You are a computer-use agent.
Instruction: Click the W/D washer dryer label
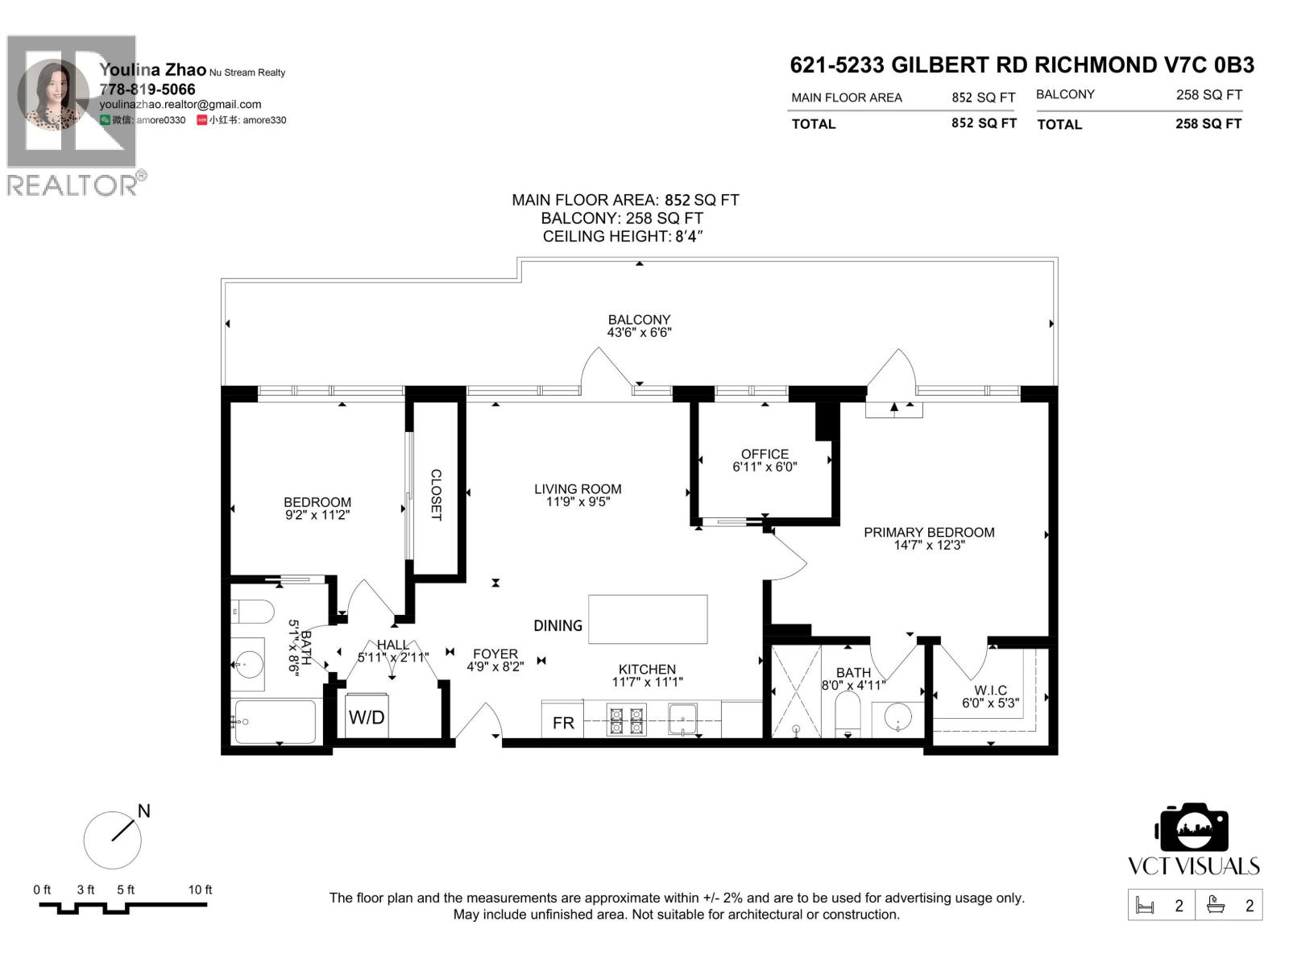point(367,717)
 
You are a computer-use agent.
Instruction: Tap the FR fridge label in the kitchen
point(563,723)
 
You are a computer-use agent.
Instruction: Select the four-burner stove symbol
point(626,720)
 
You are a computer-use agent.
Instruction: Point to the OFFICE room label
point(765,454)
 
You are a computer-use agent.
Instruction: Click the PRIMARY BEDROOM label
point(929,532)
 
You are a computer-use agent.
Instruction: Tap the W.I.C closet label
point(990,690)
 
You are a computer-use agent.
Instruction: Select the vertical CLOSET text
point(436,495)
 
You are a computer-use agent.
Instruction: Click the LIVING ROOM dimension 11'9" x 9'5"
point(578,502)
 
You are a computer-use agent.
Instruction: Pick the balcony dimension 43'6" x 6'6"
point(639,332)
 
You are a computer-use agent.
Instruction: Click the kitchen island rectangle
point(648,619)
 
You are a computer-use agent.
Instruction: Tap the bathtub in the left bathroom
point(274,721)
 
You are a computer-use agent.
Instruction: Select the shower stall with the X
point(796,691)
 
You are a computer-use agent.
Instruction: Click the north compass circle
point(113,840)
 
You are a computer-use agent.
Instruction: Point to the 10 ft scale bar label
point(200,890)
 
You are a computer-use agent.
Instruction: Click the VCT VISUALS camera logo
point(1193,828)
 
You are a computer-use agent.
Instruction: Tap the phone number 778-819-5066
point(147,89)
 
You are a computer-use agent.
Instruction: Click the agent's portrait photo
point(53,95)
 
